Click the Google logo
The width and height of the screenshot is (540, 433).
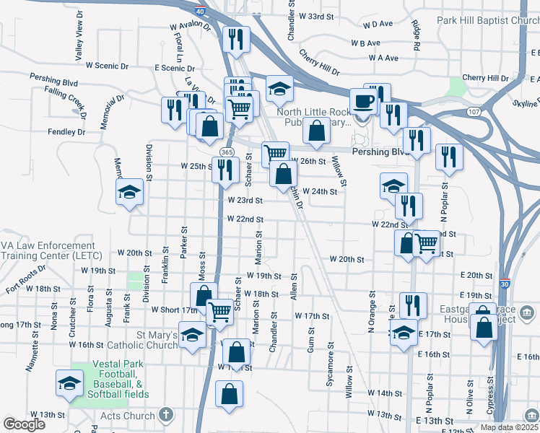24,424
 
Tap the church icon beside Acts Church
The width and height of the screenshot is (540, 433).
166,415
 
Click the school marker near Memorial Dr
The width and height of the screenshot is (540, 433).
129,192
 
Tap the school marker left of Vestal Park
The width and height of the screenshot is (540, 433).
69,382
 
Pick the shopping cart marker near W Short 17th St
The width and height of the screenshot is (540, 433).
219,312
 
